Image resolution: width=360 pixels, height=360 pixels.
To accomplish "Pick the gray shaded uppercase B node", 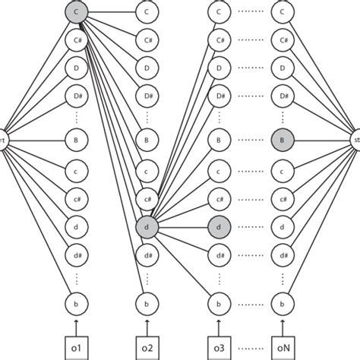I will pos(286,141).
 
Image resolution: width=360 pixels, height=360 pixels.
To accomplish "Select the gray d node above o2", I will pos(147,226).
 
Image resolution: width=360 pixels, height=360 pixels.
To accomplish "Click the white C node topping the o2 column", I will pos(147,12).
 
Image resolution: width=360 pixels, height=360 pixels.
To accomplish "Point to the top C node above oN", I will pos(286,12).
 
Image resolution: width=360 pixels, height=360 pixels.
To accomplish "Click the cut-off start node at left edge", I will pos(4,141).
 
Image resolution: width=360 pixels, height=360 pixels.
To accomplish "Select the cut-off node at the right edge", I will pos(356,141).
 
